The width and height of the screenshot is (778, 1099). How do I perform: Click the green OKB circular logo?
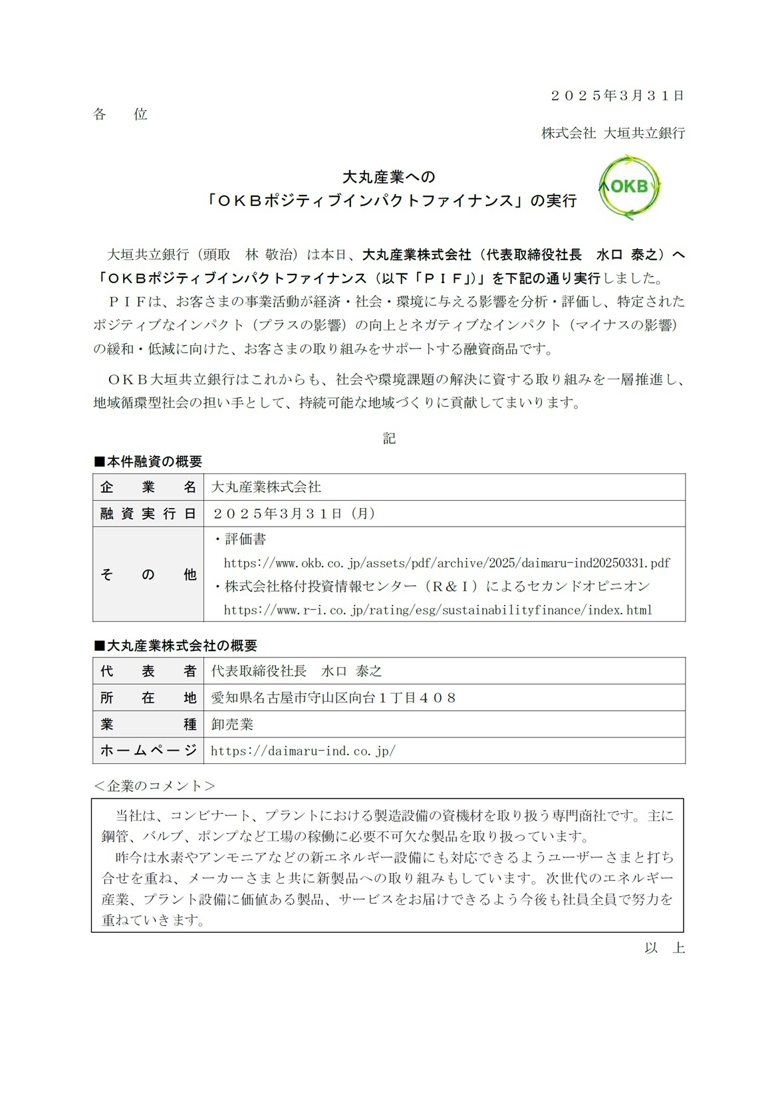629,187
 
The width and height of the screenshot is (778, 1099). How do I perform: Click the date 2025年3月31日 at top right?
617,95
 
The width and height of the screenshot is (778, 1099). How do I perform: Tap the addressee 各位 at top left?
120,114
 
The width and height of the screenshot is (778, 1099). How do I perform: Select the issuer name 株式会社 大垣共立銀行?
612,133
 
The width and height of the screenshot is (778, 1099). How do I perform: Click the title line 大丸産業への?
388,177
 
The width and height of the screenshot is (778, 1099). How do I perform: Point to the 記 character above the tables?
389,437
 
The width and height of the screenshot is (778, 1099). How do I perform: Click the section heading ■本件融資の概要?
148,461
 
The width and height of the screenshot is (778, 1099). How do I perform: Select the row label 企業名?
148,487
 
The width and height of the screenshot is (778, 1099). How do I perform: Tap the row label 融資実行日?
148,514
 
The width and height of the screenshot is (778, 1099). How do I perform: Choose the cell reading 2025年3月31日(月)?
294,514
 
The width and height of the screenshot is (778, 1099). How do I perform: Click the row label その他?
148,574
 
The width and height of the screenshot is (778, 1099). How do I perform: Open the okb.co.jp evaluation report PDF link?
447,563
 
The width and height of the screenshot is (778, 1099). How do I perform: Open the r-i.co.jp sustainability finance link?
438,610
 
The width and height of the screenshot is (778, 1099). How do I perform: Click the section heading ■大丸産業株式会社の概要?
175,646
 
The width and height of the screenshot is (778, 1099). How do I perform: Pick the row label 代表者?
148,672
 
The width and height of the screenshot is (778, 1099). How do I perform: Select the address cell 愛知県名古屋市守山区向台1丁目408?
334,698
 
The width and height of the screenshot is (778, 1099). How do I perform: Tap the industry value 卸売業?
232,725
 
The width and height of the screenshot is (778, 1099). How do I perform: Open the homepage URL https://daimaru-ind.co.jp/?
303,751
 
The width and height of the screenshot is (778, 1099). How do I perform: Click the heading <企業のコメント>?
154,786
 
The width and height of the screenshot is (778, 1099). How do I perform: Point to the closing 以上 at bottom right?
664,948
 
